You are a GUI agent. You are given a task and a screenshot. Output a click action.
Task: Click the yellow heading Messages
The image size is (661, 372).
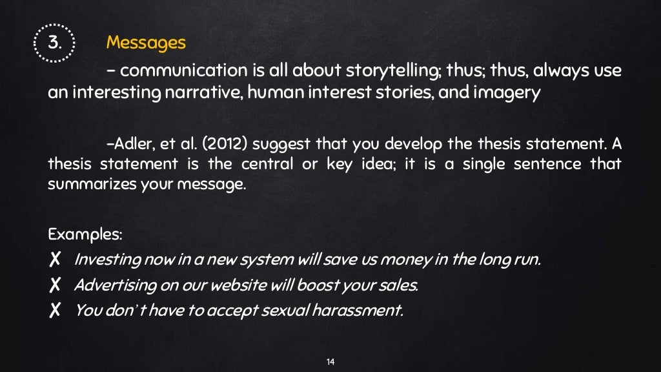(x=146, y=43)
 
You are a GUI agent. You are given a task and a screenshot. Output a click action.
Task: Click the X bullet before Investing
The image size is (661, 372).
(x=55, y=260)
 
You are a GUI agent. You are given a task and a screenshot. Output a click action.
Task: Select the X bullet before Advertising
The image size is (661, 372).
(x=55, y=285)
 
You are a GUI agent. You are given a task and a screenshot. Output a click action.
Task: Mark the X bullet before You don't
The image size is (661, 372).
(x=55, y=311)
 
